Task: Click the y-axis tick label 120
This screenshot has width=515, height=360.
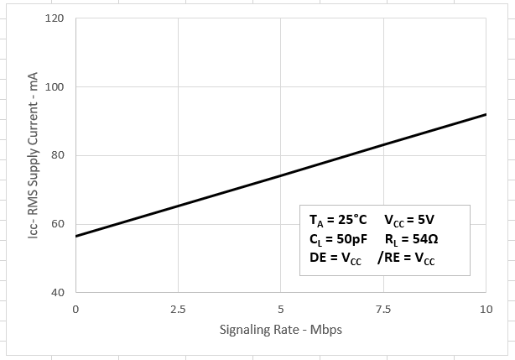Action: pos(56,18)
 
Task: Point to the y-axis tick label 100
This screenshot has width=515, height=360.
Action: pos(56,87)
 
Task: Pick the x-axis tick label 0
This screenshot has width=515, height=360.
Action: pos(75,309)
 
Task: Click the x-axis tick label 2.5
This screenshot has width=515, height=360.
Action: pos(178,309)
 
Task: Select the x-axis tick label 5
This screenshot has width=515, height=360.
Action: pos(281,309)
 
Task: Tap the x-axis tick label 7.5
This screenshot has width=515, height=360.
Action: pos(383,309)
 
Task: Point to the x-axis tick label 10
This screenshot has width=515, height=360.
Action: pos(486,309)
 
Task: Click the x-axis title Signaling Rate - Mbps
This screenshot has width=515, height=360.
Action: pos(281,329)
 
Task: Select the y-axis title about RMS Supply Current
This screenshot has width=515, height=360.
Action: pos(34,155)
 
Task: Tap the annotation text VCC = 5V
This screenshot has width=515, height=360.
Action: pos(408,221)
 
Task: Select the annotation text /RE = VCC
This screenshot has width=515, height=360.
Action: pos(406,258)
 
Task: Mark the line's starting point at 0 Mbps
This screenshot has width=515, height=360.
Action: pos(75,236)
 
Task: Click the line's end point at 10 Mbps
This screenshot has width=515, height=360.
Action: pos(486,114)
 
